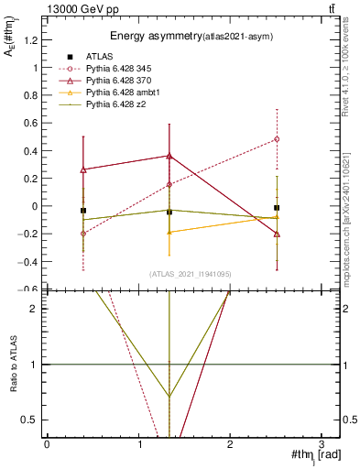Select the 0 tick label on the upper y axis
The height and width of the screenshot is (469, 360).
(x=35, y=206)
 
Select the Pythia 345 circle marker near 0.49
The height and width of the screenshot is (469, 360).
(x=277, y=139)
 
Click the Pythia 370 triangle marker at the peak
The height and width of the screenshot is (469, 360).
(x=169, y=156)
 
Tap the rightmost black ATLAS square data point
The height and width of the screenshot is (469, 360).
(x=277, y=208)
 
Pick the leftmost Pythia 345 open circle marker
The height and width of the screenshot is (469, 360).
(x=83, y=234)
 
